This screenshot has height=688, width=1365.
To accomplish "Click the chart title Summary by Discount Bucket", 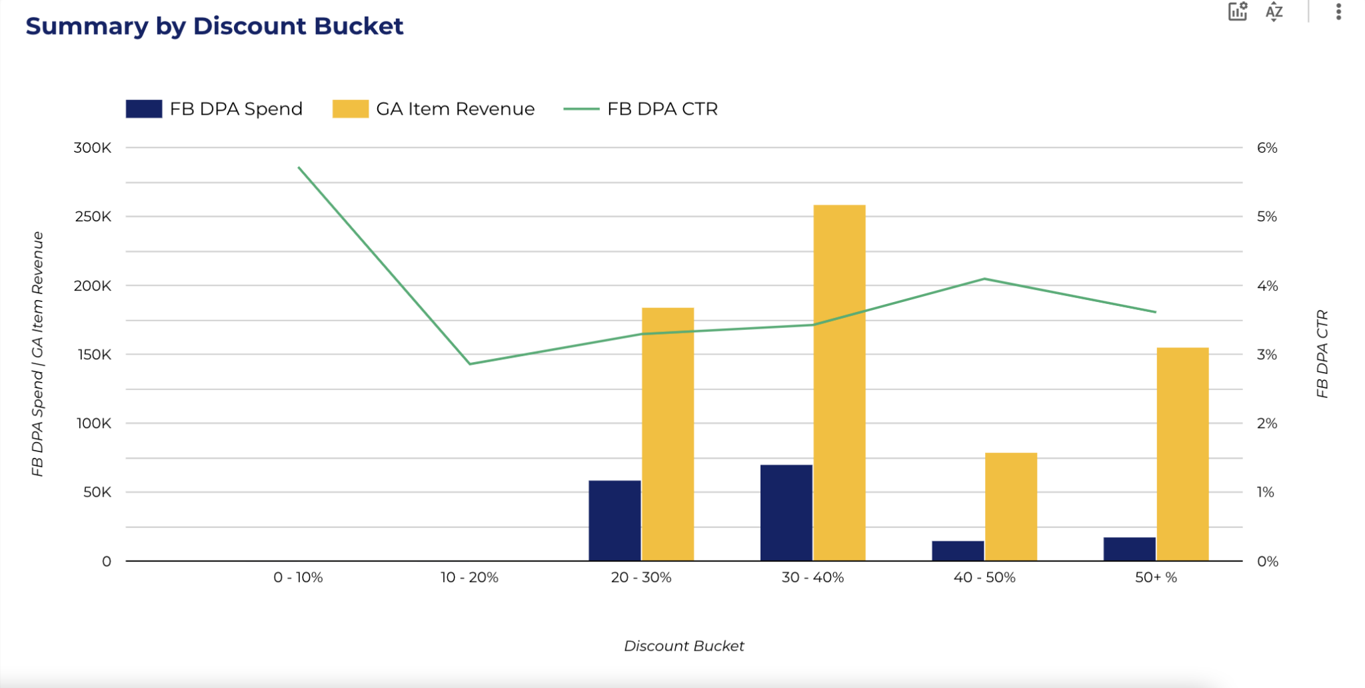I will (x=214, y=26).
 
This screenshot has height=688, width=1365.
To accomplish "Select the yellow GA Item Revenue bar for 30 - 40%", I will (x=839, y=383).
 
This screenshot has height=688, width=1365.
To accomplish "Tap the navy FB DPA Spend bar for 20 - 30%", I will (x=615, y=521).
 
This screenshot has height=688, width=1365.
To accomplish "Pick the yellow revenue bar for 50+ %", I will (x=1182, y=454).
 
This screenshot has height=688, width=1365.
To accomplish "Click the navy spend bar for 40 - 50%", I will (x=958, y=551).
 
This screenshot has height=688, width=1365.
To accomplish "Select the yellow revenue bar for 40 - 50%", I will (x=1010, y=507).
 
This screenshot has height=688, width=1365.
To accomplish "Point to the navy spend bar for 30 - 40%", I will (x=786, y=513).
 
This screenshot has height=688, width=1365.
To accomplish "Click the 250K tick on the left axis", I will (x=93, y=217).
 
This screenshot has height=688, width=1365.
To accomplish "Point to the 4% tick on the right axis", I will (x=1266, y=286).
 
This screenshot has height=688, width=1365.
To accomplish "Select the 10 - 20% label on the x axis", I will (x=469, y=577).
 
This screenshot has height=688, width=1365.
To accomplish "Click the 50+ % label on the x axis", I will (x=1156, y=577).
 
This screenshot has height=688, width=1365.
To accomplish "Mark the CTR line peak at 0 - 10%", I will (x=299, y=167).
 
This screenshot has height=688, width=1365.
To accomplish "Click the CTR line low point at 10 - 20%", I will (x=470, y=364).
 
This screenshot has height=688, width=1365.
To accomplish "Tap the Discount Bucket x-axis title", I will (x=684, y=645).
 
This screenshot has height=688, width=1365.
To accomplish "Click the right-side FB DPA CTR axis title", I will (x=1322, y=354).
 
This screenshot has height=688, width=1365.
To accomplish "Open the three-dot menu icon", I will (x=1338, y=12).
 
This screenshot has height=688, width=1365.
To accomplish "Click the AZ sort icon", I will (x=1274, y=12).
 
